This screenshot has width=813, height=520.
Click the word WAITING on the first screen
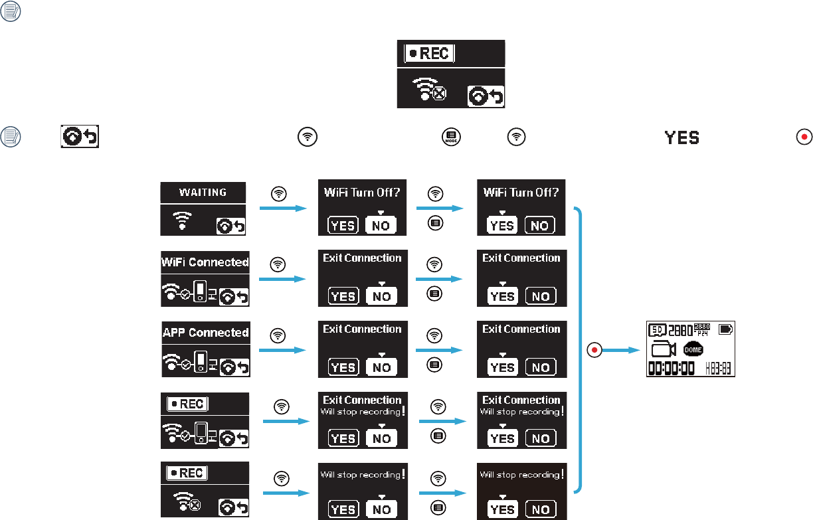[203, 193]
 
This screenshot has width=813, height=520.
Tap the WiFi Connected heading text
[205, 262]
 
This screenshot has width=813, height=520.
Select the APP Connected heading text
[206, 333]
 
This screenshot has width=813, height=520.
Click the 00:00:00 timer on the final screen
[672, 368]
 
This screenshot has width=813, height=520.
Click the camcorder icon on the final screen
[664, 349]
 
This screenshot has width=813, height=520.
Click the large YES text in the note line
[682, 137]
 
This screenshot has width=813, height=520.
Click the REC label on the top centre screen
[429, 54]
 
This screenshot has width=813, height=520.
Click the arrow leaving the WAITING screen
[283, 208]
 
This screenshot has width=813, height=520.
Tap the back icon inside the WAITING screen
[230, 226]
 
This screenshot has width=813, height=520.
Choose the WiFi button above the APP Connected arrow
[279, 335]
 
